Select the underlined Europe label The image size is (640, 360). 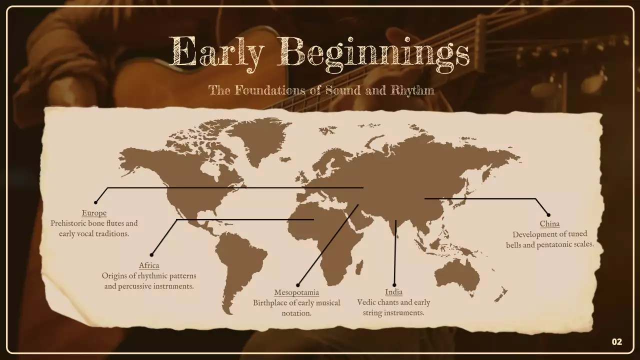coord(94,213)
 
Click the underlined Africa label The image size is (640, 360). coord(149,265)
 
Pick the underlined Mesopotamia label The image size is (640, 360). coord(296,292)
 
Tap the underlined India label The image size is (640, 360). coord(393,292)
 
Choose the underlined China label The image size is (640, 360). coord(549,224)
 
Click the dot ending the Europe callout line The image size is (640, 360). coord(96,202)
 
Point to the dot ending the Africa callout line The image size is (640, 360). coord(151,255)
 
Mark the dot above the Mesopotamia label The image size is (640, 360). coord(298,285)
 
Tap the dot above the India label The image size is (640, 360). coord(394,285)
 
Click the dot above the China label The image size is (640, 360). coord(548,215)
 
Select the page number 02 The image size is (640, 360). coord(617,342)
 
